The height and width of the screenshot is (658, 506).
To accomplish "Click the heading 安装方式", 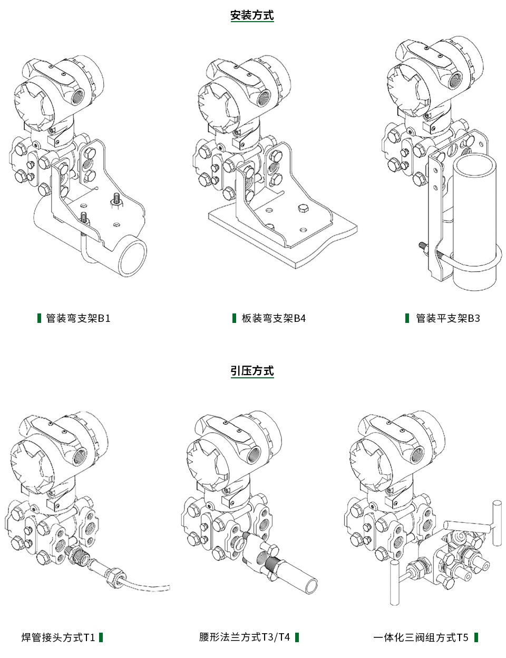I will coord(252,15).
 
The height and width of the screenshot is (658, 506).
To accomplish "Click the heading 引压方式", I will coord(252,371).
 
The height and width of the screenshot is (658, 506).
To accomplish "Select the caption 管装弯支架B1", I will coord(78,318).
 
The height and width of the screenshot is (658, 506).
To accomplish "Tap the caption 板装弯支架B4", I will coord(273,318).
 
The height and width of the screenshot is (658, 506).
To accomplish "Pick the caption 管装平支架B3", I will coord(447,318).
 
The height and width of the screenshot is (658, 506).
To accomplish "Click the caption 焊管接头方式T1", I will coord(58,637).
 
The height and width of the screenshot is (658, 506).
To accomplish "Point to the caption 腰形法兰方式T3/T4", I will coord(244,637).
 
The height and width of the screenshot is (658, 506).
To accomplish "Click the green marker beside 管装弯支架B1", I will coord(39,318).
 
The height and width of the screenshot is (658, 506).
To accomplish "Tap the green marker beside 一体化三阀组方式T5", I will coord(476,637).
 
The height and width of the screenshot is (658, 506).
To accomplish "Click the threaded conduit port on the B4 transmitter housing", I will coord(263,97).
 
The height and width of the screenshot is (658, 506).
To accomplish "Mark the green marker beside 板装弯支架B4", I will coord(234,318).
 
